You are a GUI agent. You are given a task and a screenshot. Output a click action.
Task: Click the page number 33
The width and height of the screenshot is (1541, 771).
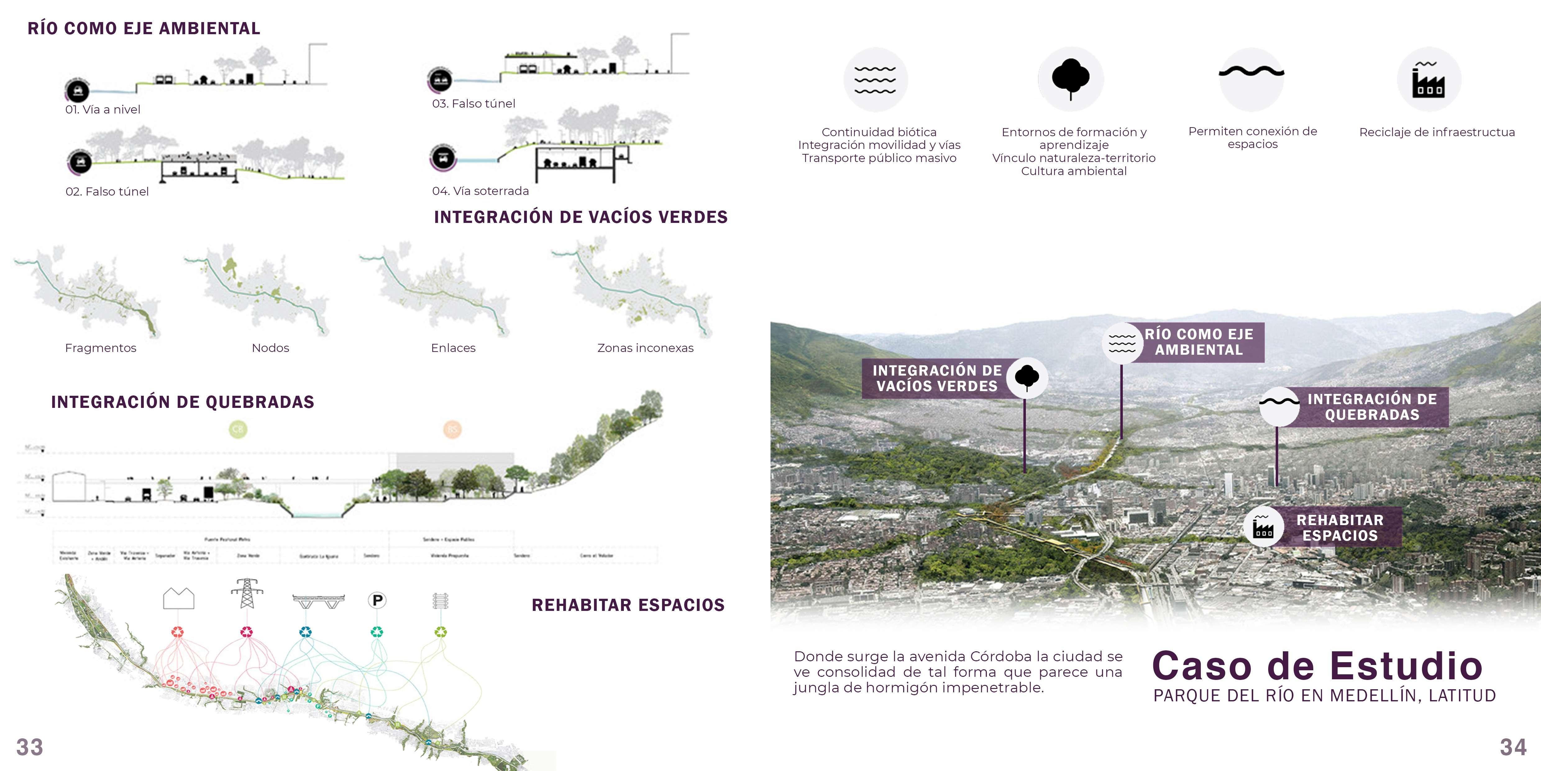coord(29,747)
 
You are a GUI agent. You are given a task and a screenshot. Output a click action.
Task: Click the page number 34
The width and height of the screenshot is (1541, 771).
coord(1513,747)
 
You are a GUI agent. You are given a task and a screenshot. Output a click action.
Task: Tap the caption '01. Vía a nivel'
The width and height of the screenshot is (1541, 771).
coord(103,109)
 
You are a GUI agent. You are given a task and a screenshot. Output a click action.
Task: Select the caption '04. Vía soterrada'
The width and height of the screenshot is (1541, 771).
coord(480,191)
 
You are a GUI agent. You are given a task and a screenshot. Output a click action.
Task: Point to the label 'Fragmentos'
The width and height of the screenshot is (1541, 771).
coord(100,348)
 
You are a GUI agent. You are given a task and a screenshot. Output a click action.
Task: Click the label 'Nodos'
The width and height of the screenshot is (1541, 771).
coord(270,348)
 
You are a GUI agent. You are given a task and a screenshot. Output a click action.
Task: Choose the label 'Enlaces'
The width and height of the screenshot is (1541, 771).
coord(453,348)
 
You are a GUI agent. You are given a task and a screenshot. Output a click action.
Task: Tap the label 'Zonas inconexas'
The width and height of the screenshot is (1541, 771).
coord(645,348)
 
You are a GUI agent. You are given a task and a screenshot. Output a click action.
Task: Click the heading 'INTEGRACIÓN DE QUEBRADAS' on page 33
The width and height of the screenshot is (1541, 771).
coord(182,402)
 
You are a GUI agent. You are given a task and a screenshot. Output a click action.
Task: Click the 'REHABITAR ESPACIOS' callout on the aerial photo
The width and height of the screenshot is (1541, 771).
coord(1339,527)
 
